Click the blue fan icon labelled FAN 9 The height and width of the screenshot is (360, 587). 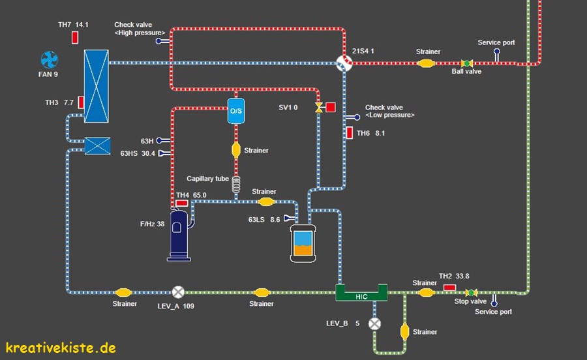click(x=50, y=61)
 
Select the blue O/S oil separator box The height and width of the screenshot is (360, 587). click(x=235, y=110)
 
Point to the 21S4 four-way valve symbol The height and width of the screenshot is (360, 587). click(x=344, y=63)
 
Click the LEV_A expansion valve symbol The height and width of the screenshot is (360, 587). click(x=177, y=293)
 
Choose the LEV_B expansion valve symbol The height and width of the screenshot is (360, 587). click(x=374, y=323)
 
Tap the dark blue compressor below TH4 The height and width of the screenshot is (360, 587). click(x=179, y=235)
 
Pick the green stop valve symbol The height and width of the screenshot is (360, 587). click(x=471, y=292)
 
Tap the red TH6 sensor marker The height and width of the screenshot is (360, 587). click(x=350, y=133)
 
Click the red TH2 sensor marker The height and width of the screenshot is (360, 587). click(x=449, y=287)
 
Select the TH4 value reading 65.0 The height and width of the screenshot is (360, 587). click(x=200, y=195)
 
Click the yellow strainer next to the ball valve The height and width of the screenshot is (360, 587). click(x=426, y=63)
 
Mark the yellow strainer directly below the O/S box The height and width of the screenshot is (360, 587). click(x=236, y=150)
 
